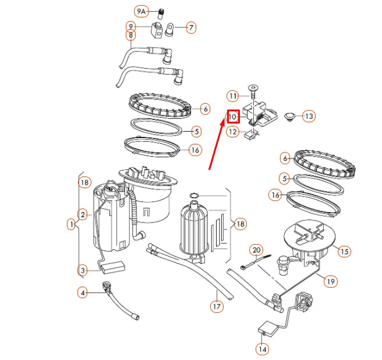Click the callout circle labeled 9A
[x=141, y=11]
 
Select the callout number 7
[x=190, y=27]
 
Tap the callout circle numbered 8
[x=131, y=36]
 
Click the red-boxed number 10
[x=233, y=116]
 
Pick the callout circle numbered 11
[x=233, y=96]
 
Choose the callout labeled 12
[x=233, y=132]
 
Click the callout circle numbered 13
[x=308, y=117]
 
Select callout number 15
[x=344, y=251]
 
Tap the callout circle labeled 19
[x=331, y=281]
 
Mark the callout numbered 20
[x=257, y=250]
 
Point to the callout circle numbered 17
[x=217, y=305]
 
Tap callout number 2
[x=83, y=214]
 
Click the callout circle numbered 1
[x=72, y=223]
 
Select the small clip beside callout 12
[x=251, y=135]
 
